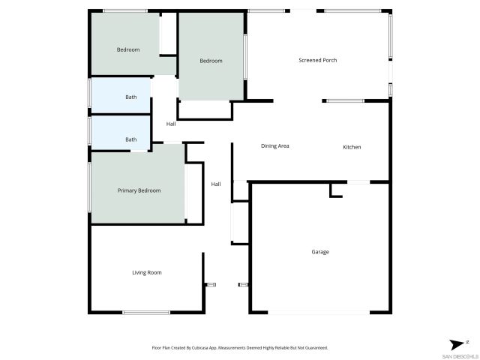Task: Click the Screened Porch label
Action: tap(317, 60)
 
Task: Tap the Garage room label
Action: tap(320, 252)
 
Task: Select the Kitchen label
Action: tap(352, 147)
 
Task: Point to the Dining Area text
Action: tap(275, 145)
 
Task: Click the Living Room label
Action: tap(147, 272)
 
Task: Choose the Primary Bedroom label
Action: tap(139, 190)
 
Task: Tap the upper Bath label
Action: tap(131, 97)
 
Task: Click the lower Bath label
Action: tap(131, 139)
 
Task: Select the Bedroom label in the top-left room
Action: tap(128, 49)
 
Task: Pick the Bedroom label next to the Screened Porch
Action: tap(211, 61)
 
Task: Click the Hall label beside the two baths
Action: tap(171, 124)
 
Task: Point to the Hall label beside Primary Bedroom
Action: tap(216, 184)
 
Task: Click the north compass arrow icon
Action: tap(457, 343)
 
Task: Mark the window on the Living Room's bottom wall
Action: tap(146, 313)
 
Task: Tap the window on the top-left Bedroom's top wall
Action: tap(125, 10)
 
